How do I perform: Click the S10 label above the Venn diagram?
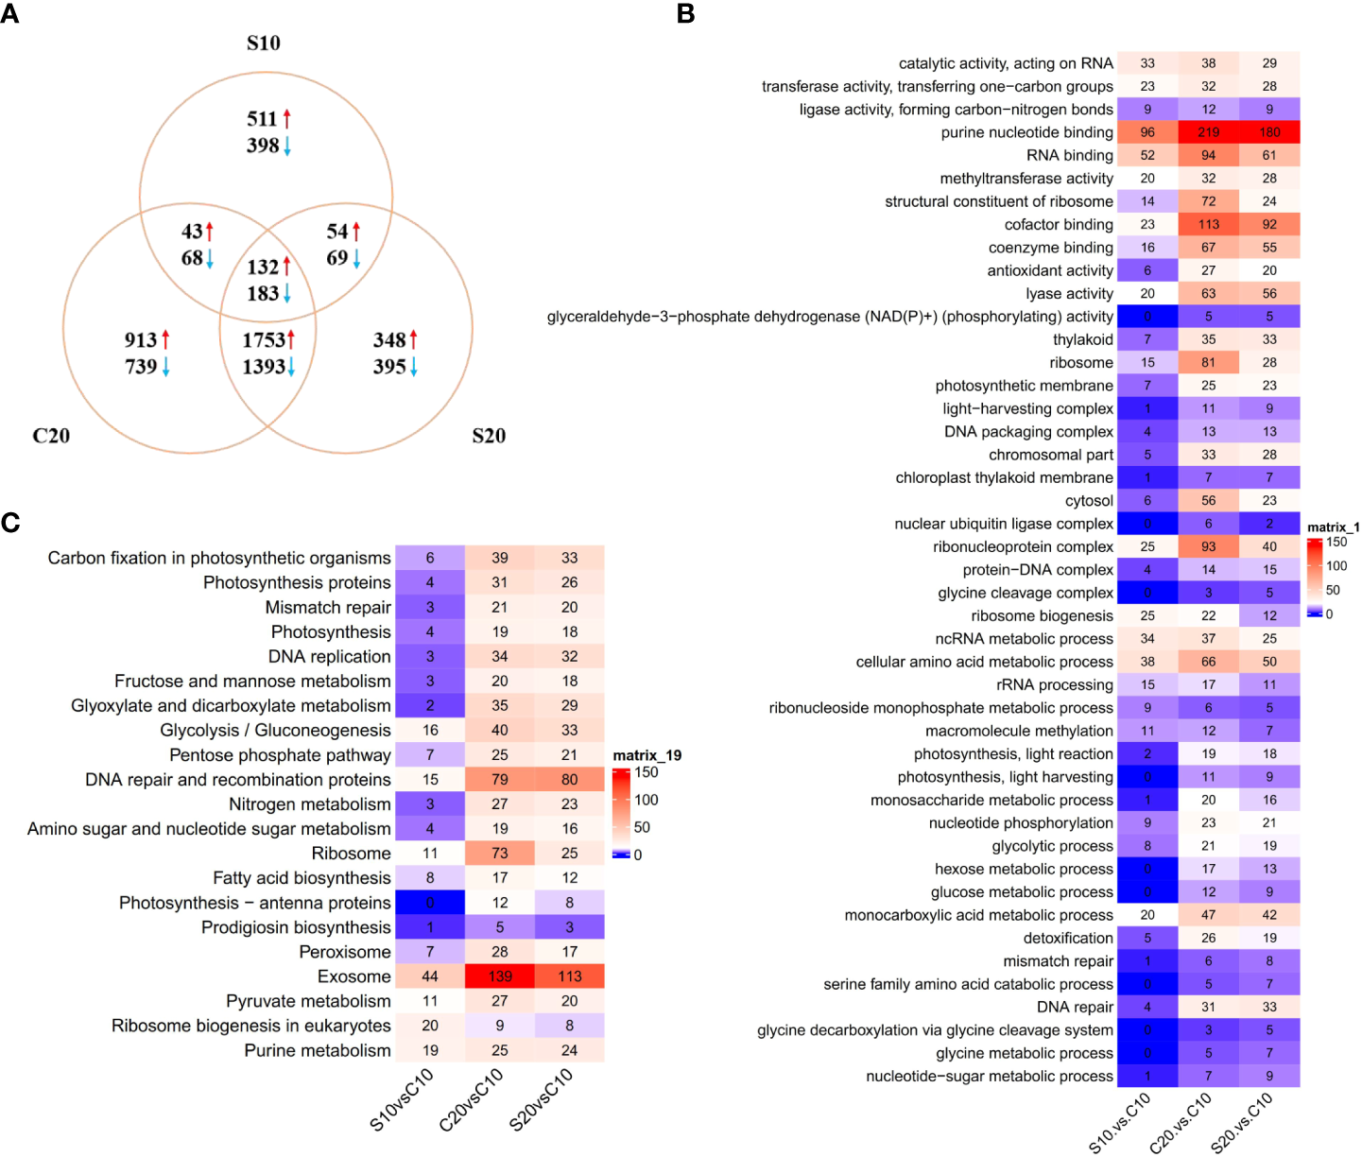point(263,43)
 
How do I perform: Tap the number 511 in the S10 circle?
point(262,119)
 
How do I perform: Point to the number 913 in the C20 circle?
point(140,340)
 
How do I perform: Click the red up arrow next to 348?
point(413,339)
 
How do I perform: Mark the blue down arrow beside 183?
point(286,294)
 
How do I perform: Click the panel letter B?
point(686,13)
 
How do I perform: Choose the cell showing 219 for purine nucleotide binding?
point(1208,132)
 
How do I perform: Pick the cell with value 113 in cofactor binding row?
point(1208,224)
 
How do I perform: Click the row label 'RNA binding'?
point(1070,155)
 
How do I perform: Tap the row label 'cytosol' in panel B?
point(1089,501)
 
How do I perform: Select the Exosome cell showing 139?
point(500,976)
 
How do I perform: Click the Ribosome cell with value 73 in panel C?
point(500,854)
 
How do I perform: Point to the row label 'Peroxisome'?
point(345,952)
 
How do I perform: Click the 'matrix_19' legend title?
point(647,755)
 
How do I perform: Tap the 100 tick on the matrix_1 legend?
point(1336,566)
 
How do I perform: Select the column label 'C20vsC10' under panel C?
point(471,1099)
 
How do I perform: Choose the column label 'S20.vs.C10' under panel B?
point(1241,1122)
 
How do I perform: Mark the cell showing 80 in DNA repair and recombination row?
point(569,780)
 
